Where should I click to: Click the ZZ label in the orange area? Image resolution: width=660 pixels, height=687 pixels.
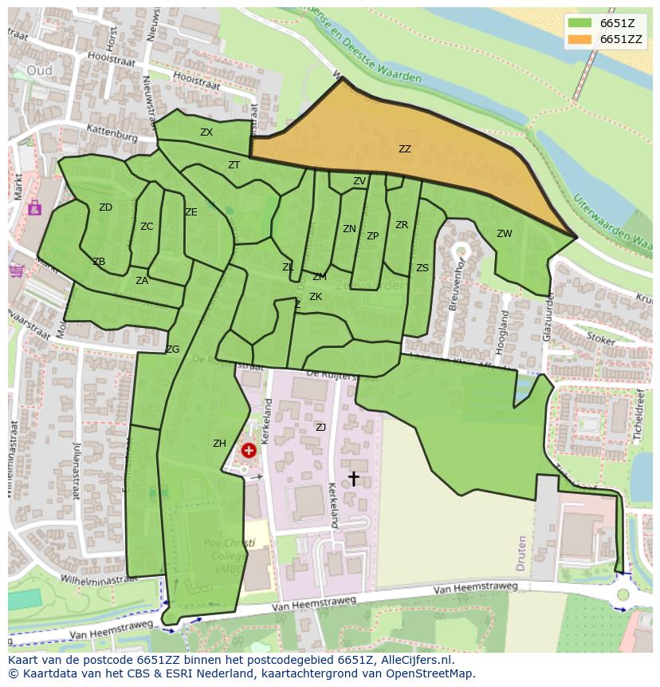click(x=405, y=149)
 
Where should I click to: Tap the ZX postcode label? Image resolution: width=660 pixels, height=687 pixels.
click(x=206, y=132)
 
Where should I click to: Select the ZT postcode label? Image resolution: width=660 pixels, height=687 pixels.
click(x=234, y=165)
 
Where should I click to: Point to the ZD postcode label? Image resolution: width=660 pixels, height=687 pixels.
click(x=105, y=207)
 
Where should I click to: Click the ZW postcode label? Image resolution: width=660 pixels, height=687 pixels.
click(x=505, y=234)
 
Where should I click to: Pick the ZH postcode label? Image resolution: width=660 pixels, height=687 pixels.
click(x=219, y=444)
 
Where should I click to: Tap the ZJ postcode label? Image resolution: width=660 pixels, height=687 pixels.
click(x=320, y=428)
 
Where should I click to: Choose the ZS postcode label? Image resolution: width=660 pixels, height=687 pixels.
click(x=422, y=268)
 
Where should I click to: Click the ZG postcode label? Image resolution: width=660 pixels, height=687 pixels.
click(x=172, y=349)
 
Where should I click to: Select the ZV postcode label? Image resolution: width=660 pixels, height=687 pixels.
click(x=359, y=181)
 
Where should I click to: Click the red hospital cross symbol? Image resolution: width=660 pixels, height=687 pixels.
click(x=249, y=451)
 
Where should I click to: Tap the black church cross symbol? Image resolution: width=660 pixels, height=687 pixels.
click(x=353, y=478)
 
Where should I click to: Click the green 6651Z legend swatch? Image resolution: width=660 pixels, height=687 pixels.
click(x=580, y=23)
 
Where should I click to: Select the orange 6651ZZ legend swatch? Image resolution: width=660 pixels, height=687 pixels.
click(x=580, y=39)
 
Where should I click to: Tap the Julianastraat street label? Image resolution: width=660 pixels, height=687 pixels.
click(x=77, y=471)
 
